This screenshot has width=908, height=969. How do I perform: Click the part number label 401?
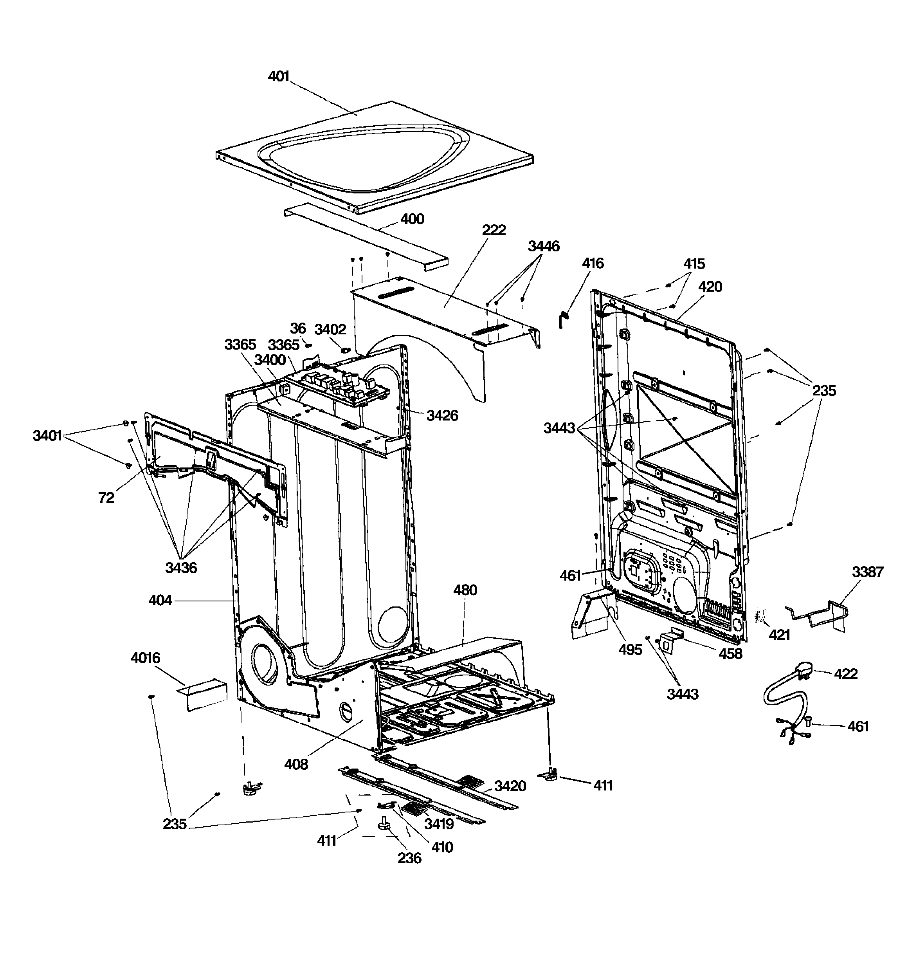(279, 76)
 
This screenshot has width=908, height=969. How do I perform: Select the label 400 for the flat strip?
(413, 219)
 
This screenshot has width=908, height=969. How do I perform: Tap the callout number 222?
(494, 230)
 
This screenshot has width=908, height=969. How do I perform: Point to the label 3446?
(544, 246)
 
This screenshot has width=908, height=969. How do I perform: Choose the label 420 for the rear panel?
(710, 287)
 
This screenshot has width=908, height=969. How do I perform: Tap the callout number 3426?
(442, 415)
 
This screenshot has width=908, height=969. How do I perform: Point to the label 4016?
(145, 658)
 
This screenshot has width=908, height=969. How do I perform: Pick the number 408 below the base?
(296, 764)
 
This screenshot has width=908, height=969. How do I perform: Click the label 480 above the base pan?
(465, 590)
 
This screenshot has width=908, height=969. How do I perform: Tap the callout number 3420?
(510, 786)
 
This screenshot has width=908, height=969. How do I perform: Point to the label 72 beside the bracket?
(106, 498)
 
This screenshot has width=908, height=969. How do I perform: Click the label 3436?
(181, 567)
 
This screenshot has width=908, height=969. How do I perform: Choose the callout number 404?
(160, 601)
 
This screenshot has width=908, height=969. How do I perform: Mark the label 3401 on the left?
(47, 436)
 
